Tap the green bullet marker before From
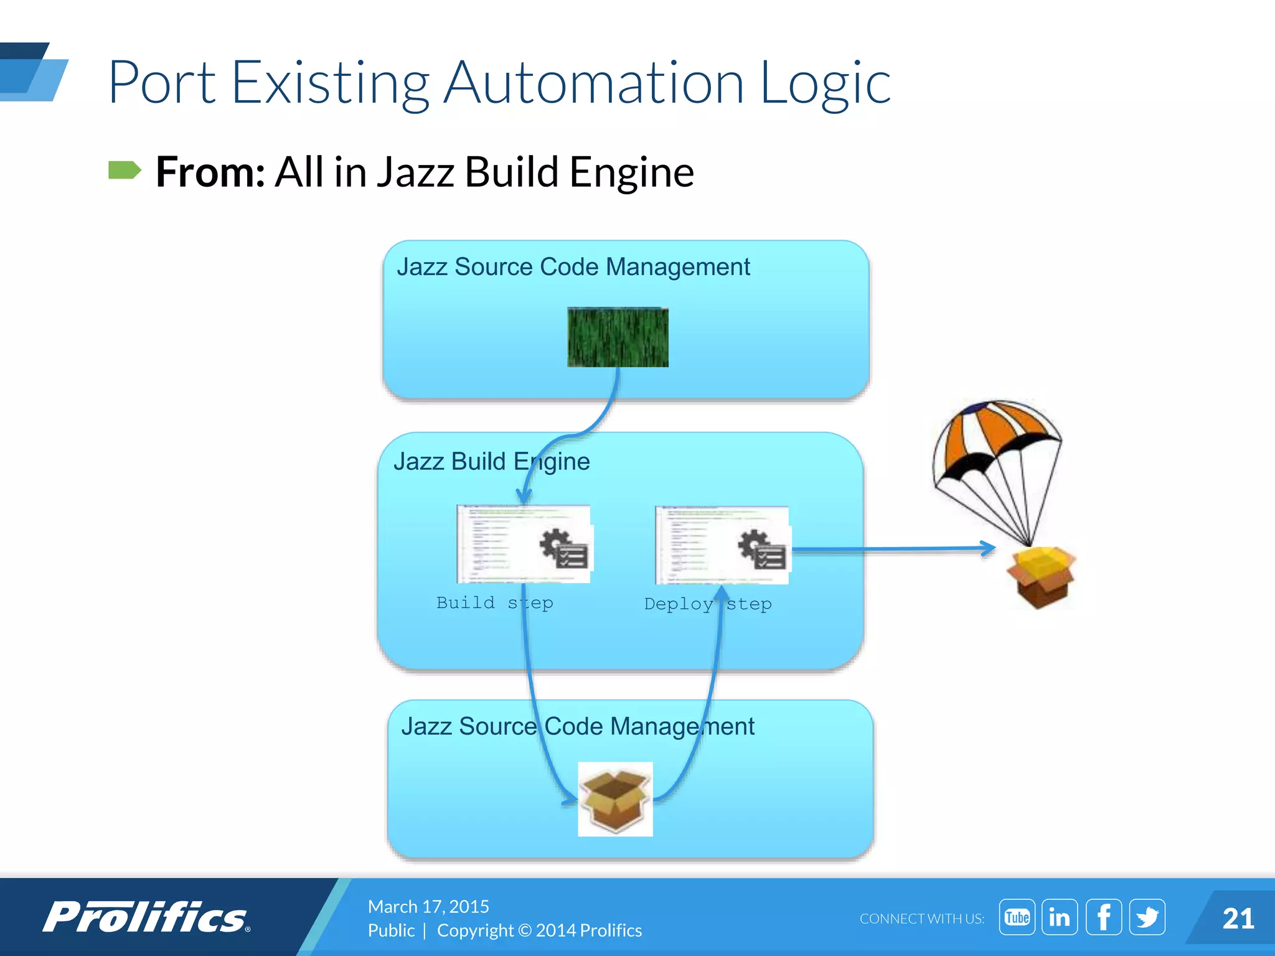[x=125, y=170]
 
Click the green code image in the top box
[x=618, y=337]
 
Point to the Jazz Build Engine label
[x=491, y=462]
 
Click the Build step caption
[x=494, y=602]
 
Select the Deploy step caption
[x=708, y=604]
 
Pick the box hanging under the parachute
[x=1042, y=576]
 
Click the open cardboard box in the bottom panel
[x=615, y=799]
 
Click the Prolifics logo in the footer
[x=146, y=917]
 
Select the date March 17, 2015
[x=428, y=906]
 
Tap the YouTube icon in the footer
[x=1017, y=917]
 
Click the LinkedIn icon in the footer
[x=1060, y=917]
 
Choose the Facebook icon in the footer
[x=1103, y=917]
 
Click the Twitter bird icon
[x=1147, y=917]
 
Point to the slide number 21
[x=1238, y=919]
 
